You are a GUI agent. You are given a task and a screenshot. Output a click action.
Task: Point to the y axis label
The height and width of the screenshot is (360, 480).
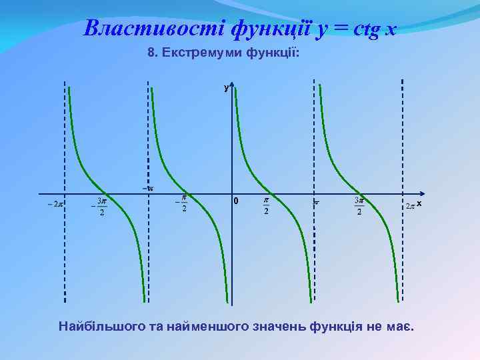[226, 87]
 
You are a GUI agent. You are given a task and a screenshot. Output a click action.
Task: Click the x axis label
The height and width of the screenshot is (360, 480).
[420, 203]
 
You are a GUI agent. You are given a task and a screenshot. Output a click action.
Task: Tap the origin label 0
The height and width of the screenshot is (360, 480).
[235, 202]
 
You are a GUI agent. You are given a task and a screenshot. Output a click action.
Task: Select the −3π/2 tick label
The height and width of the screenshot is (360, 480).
[100, 206]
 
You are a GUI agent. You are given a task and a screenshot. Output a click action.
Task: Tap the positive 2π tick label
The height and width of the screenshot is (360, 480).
[410, 206]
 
